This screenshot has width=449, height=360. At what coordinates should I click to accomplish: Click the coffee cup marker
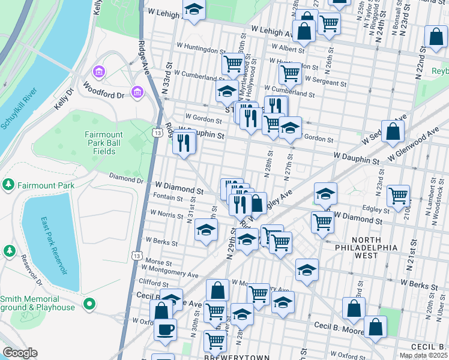[165, 329]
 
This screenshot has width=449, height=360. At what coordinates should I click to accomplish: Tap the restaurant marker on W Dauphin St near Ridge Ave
[184, 143]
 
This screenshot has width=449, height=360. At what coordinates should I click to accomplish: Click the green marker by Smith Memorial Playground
[89, 304]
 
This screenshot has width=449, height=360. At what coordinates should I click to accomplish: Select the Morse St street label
[159, 262]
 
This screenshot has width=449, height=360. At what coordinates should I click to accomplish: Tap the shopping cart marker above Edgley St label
[398, 195]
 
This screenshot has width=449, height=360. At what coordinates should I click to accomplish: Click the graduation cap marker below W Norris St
[206, 230]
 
